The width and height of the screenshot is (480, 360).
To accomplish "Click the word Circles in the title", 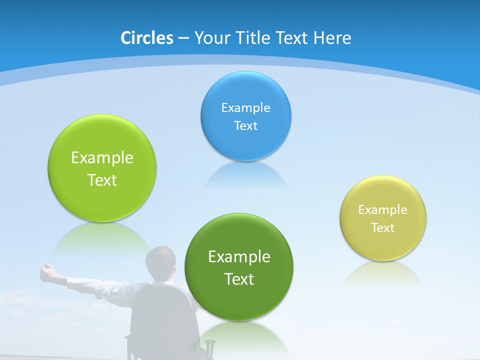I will click(x=146, y=38).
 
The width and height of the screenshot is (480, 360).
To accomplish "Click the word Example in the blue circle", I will click(x=245, y=108).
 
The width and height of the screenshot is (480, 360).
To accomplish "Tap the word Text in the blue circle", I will click(x=245, y=125).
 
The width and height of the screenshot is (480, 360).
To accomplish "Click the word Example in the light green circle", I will click(x=102, y=158).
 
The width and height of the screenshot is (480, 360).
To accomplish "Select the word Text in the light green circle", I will click(x=102, y=180).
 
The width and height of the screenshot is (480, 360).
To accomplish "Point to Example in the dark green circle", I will click(x=239, y=257).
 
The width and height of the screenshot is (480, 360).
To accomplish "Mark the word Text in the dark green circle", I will click(x=239, y=279).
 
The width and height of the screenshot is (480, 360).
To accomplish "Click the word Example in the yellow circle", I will click(x=383, y=210).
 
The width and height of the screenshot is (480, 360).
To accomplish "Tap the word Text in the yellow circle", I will click(x=383, y=228).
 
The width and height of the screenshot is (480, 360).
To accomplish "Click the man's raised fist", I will click(x=47, y=270).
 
